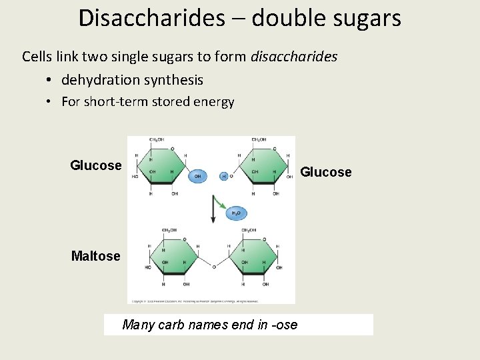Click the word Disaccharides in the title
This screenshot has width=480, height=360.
point(152,18)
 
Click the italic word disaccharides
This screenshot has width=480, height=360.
point(294,56)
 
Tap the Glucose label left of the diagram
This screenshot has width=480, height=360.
point(96,165)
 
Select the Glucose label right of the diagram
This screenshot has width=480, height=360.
point(325,172)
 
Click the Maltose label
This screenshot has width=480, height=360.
point(96,256)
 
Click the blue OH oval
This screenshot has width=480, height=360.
point(197,177)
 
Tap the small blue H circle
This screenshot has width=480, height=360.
point(224,177)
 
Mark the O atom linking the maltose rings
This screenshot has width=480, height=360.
point(214,267)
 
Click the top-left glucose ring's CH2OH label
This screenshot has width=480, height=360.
point(157,140)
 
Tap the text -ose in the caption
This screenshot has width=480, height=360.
point(285,325)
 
